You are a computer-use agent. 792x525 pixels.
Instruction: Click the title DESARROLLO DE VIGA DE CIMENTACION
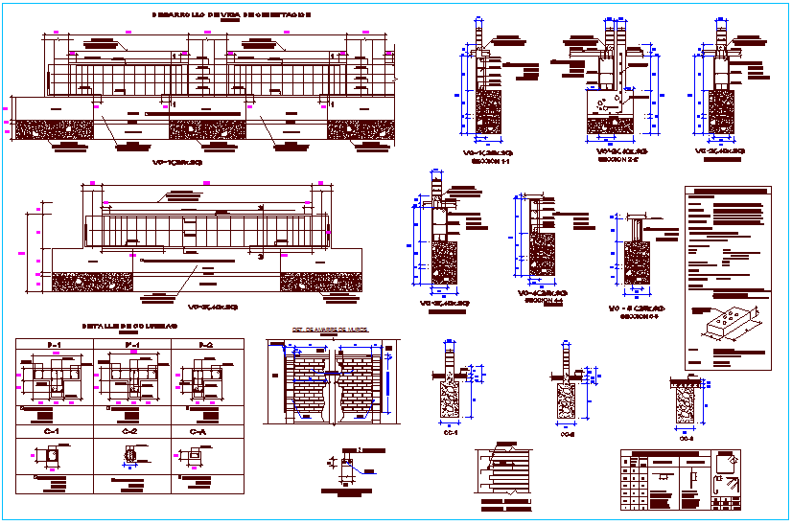pyautogui.click(x=231, y=16)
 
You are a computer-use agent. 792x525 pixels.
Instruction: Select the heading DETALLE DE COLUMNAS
pyautogui.click(x=130, y=326)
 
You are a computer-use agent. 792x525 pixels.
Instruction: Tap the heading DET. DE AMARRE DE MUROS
pyautogui.click(x=331, y=331)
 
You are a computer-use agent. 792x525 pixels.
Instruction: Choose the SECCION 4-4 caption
pyautogui.click(x=545, y=301)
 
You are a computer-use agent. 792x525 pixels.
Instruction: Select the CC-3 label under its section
pyautogui.click(x=686, y=439)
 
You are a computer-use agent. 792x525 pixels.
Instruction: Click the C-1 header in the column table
pyautogui.click(x=52, y=432)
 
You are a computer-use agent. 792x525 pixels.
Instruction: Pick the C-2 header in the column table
pyautogui.click(x=130, y=432)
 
